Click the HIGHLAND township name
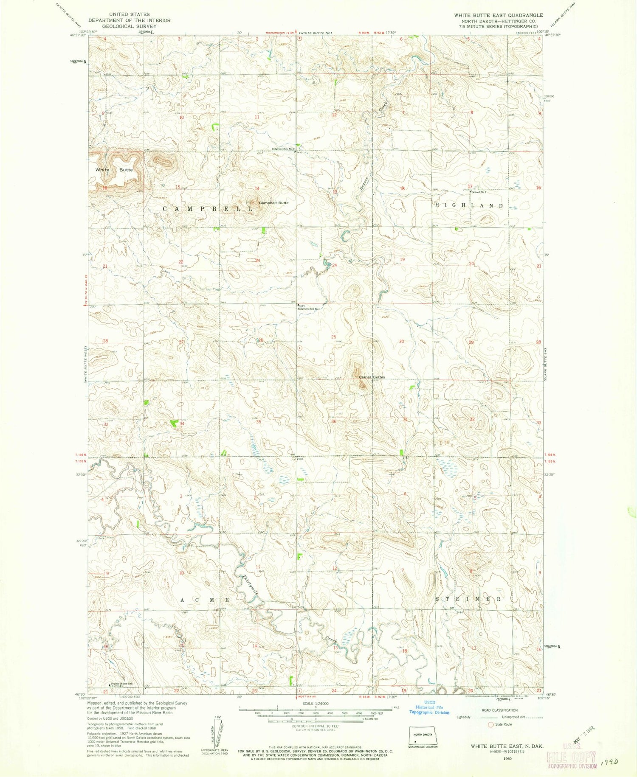tap(469, 205)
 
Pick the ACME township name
tap(206, 600)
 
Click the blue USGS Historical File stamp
tap(428, 707)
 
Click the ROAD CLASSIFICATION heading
tap(499, 710)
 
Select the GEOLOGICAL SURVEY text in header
tap(123, 26)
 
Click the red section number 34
tap(182, 424)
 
